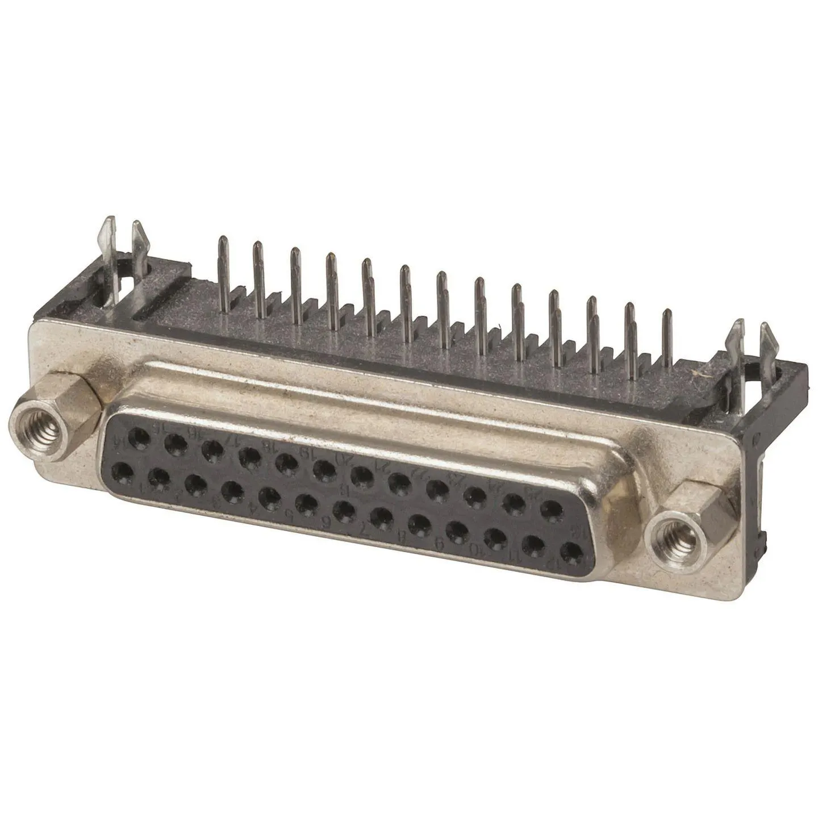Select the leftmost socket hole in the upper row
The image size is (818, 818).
138,437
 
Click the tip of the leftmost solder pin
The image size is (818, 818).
221,241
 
